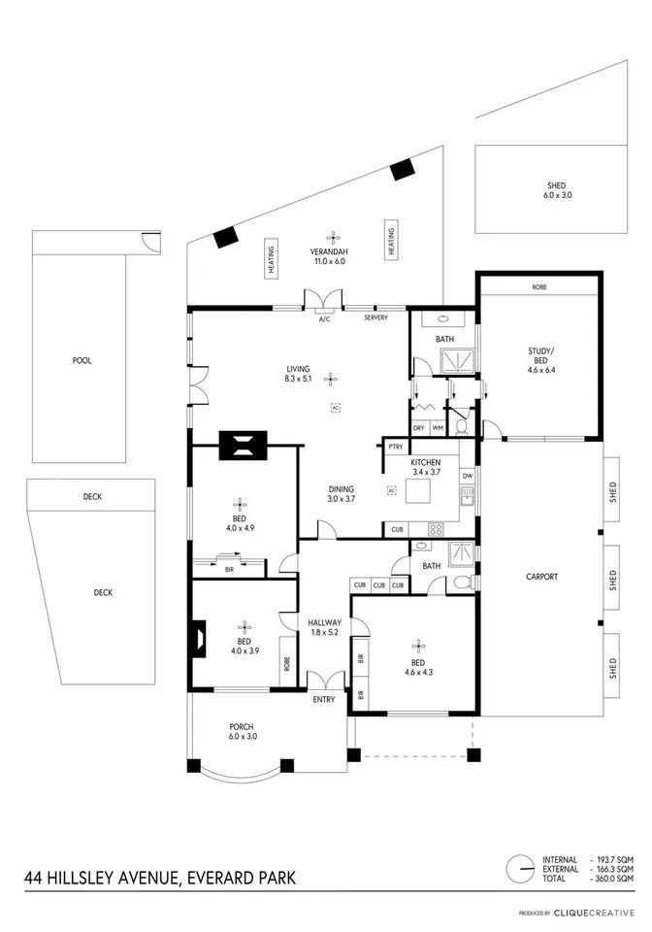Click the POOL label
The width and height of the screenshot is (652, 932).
coord(81,360)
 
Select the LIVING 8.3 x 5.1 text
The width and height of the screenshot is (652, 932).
coord(298,373)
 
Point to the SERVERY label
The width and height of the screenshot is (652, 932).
coord(375,318)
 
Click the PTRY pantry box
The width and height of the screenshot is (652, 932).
coord(396,447)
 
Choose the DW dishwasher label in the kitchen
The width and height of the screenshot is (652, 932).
coord(468,476)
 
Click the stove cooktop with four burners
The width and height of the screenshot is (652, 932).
coord(436,529)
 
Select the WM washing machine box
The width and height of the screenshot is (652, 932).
coord(438,428)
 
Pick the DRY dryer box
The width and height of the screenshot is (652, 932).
coord(419,428)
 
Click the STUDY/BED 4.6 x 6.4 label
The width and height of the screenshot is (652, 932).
coord(541,360)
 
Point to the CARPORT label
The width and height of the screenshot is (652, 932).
coord(541,577)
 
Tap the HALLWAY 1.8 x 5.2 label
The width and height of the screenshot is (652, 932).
coord(324,628)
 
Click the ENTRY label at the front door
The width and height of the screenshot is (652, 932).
coord(324,700)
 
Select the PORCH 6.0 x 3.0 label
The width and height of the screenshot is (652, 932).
coord(241,732)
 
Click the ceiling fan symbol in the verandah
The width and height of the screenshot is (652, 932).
coord(333,236)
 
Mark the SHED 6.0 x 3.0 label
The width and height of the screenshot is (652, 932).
coord(556,190)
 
